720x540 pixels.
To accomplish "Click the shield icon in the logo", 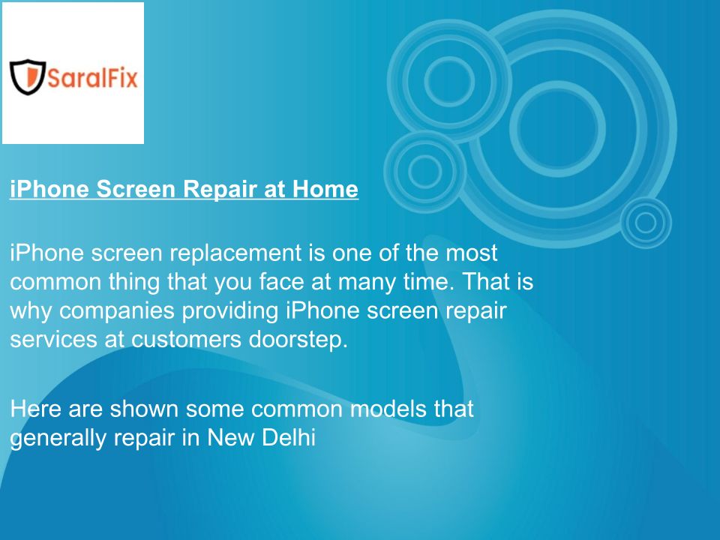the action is point(28,76).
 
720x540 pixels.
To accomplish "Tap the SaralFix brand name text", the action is point(92,77).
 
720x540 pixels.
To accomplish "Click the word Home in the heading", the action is point(325,189).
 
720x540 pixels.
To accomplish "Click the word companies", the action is point(117,311).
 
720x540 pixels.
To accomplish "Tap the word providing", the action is point(230,311).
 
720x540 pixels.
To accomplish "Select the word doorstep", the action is point(298,340).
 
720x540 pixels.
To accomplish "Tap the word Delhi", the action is point(288,437).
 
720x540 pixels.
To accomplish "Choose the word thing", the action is point(134,282).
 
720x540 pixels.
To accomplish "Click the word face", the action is point(281,282).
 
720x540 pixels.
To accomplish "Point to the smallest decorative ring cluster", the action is point(646,223).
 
